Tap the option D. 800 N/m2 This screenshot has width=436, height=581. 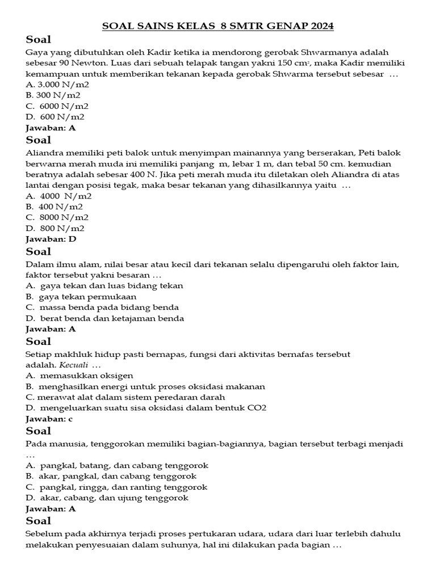(55, 228)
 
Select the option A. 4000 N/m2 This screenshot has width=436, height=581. (58, 196)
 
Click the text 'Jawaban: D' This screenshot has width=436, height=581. (51, 239)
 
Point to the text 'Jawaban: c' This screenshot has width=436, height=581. (49, 419)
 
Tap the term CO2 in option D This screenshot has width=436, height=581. (256, 408)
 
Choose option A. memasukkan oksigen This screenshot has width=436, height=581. (79, 376)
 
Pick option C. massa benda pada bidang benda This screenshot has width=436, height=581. (102, 307)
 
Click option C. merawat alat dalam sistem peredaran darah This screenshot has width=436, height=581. (125, 397)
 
